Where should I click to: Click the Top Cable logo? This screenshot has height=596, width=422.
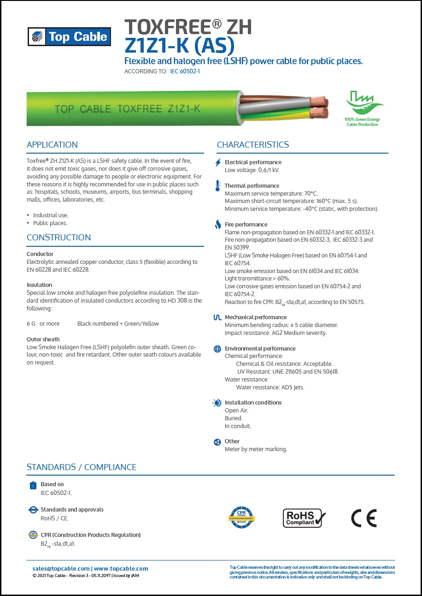click(69, 37)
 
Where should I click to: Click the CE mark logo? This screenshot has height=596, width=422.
click(363, 518)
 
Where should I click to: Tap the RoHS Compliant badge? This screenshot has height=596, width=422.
click(304, 518)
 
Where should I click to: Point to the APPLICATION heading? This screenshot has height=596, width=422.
click(52, 145)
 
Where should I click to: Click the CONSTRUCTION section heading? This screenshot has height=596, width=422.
click(59, 238)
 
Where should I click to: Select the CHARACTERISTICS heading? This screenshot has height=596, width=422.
click(253, 145)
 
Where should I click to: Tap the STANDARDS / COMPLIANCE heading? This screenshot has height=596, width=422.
click(82, 467)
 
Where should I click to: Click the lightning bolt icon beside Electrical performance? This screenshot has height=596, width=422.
click(218, 162)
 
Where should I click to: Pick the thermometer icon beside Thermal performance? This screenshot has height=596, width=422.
click(218, 186)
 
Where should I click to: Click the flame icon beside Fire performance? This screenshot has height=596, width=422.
click(218, 225)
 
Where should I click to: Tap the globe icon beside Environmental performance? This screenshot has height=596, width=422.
click(218, 349)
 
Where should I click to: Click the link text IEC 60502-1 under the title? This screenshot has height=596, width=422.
click(185, 72)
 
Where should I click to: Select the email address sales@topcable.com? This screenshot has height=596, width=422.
click(61, 569)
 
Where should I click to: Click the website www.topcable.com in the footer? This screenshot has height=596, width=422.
click(121, 569)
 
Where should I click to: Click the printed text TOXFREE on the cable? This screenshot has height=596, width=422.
click(140, 109)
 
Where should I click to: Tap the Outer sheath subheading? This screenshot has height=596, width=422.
click(43, 340)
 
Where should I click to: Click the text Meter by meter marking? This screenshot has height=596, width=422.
click(256, 449)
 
